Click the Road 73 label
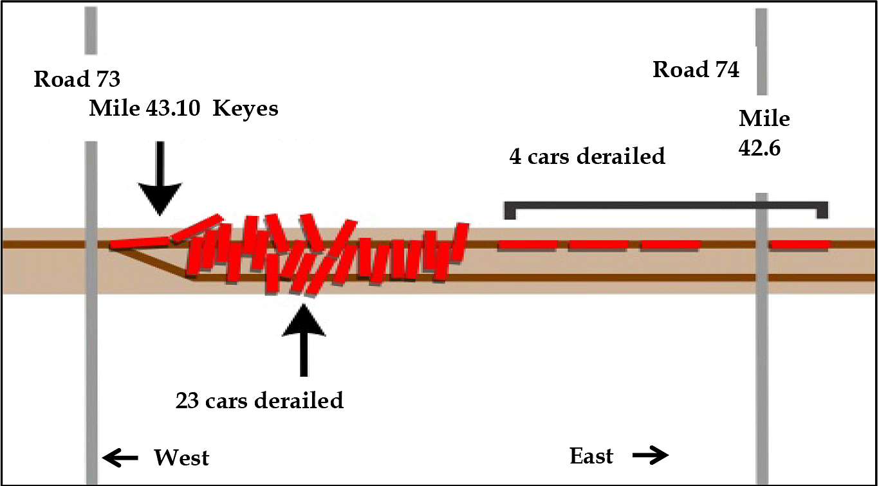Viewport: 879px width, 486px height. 77,80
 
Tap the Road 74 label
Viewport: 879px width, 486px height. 696,69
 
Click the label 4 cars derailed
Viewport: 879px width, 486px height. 587,156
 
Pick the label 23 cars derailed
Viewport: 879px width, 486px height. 259,401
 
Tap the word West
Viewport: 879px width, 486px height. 181,458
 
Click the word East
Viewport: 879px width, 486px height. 591,456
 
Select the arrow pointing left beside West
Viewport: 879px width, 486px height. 120,458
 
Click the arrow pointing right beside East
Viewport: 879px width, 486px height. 651,456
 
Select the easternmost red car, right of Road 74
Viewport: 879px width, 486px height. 800,244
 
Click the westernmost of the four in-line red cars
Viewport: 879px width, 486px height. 526,244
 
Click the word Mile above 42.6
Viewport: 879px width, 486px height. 764,119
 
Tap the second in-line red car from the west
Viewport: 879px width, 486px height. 598,244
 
